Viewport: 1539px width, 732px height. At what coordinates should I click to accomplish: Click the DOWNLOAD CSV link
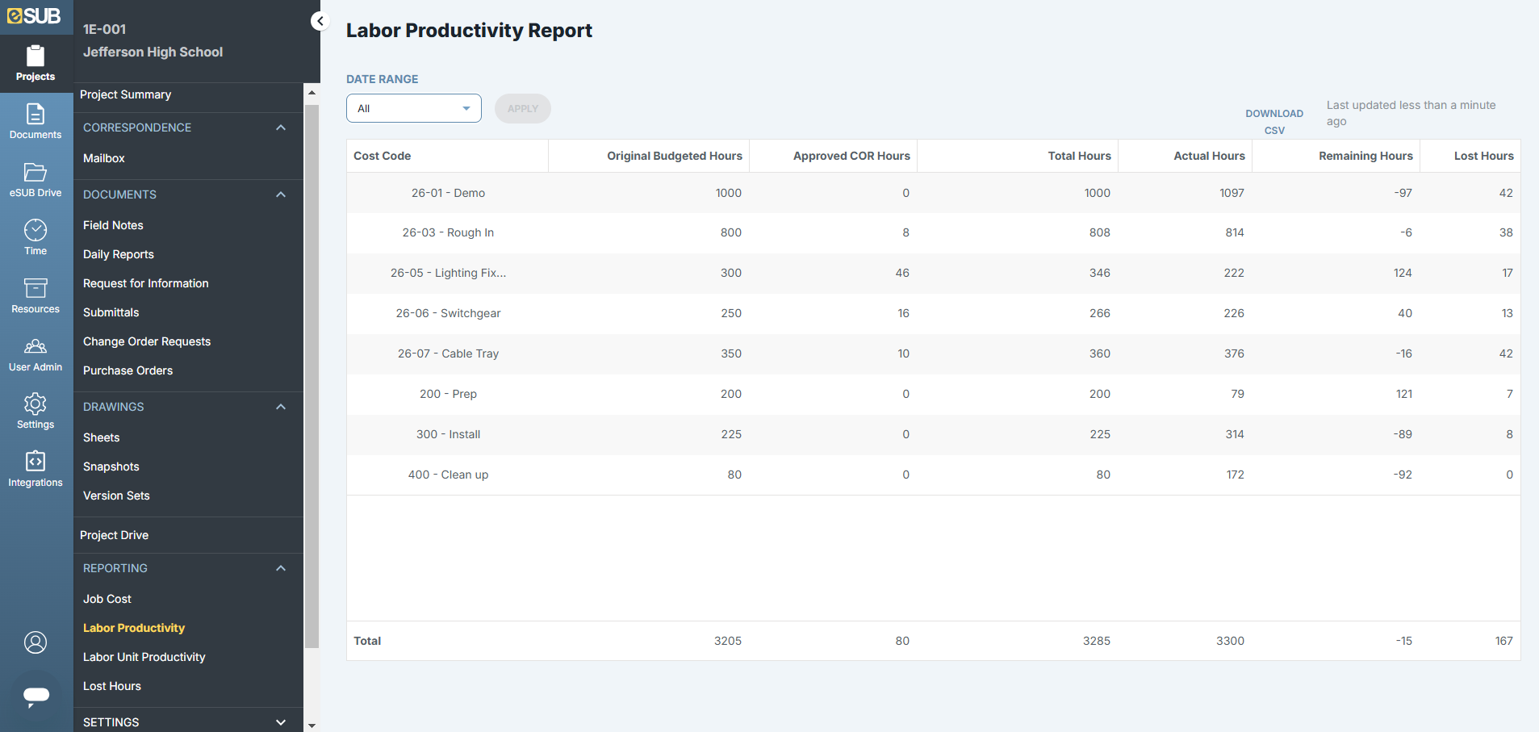[x=1273, y=122]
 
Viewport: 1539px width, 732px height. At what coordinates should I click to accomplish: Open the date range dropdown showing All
[x=413, y=108]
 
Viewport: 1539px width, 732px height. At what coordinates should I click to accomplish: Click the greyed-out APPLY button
[x=522, y=108]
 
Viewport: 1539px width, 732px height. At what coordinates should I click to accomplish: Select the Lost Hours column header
[x=1483, y=156]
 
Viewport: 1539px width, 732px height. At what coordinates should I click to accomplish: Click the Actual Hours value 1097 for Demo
[x=1232, y=193]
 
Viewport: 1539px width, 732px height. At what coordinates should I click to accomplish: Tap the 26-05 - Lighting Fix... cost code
[x=448, y=273]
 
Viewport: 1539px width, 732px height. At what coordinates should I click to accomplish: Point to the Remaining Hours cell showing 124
[x=1402, y=273]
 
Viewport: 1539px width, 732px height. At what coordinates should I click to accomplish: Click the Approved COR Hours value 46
[x=901, y=273]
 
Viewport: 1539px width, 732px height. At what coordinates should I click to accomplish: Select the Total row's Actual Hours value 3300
[x=1230, y=641]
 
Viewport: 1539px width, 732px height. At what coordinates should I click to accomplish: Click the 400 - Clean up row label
[x=448, y=475]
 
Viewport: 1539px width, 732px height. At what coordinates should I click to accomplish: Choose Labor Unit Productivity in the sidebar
[x=144, y=657]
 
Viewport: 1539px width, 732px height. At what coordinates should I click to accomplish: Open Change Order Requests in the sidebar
[x=146, y=341]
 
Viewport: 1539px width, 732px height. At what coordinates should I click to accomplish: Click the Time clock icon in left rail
[x=36, y=231]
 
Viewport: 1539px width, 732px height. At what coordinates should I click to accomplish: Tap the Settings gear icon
[x=36, y=404]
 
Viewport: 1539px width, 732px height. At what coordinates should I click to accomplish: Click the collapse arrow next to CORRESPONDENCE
[x=281, y=128]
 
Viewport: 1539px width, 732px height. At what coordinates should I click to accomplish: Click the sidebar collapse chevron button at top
[x=320, y=21]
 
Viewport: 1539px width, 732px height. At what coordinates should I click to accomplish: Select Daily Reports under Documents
[x=118, y=254]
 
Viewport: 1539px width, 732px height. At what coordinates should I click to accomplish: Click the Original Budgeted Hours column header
[x=674, y=156]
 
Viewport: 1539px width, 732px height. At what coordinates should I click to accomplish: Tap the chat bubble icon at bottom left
[x=36, y=695]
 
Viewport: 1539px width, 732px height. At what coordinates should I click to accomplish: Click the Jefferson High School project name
[x=153, y=52]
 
